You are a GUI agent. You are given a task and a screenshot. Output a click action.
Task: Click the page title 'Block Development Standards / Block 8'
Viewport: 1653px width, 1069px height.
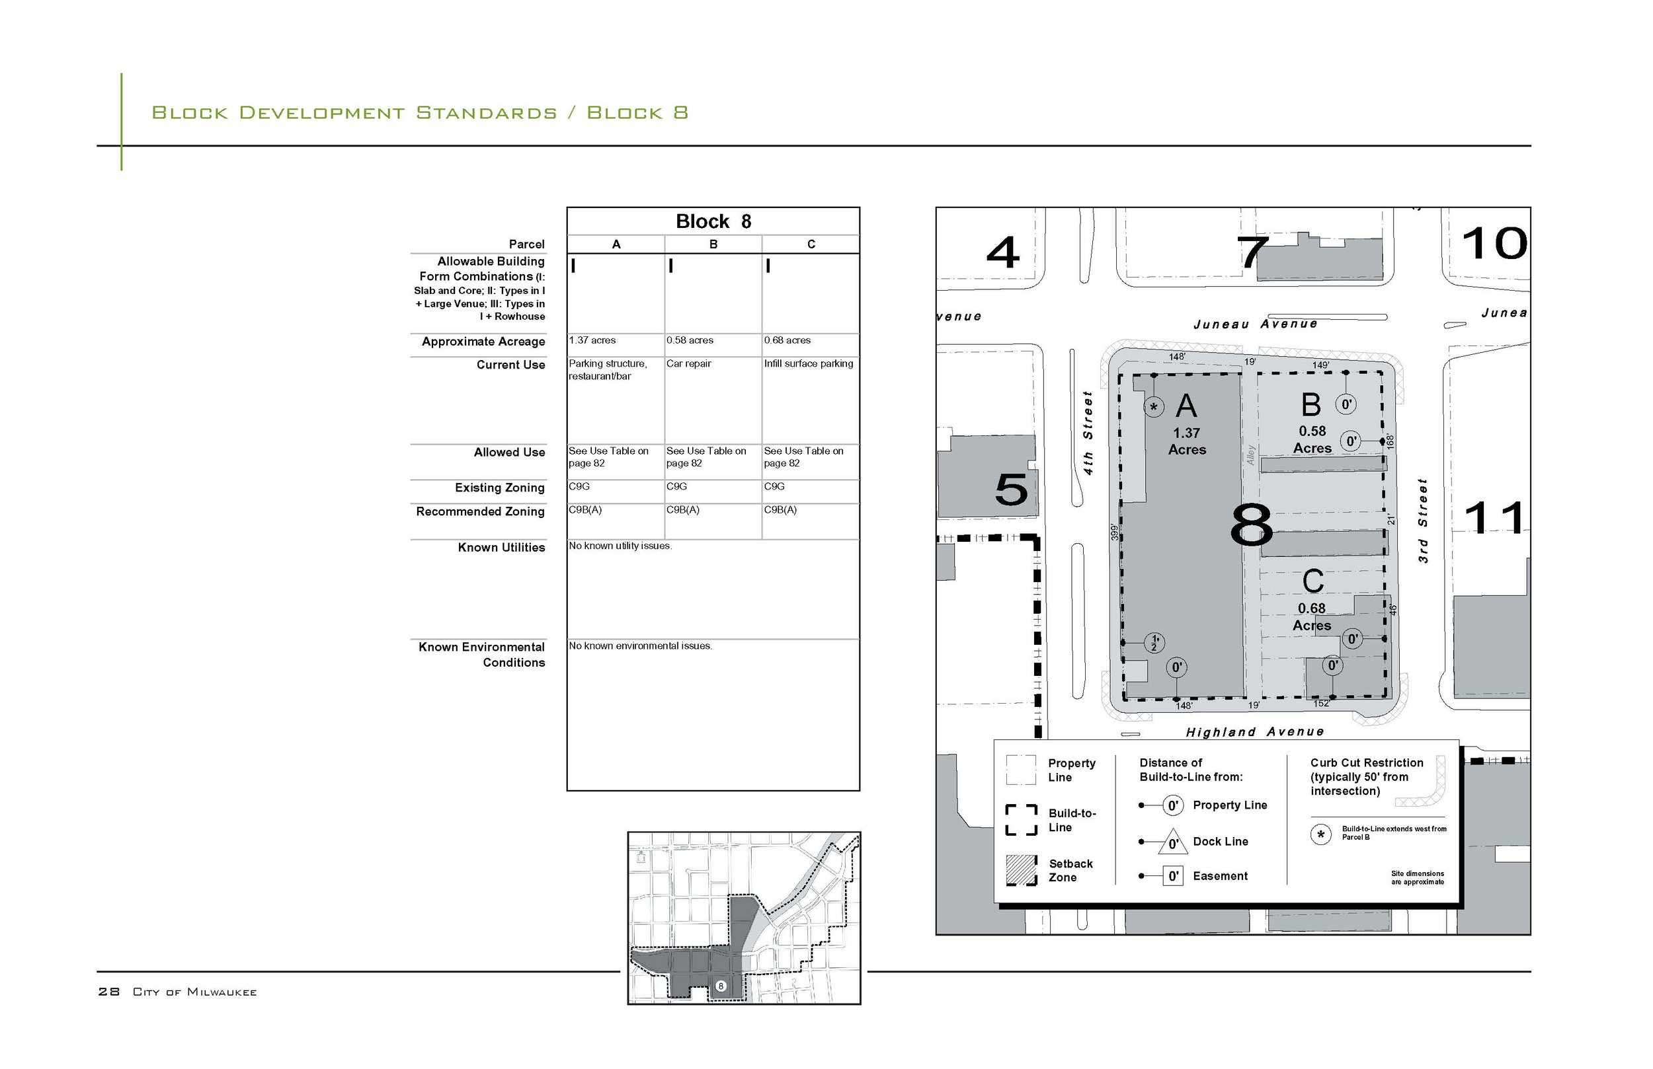pyautogui.click(x=419, y=112)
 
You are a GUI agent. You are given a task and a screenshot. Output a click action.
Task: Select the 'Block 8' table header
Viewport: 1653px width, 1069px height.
pyautogui.click(x=713, y=221)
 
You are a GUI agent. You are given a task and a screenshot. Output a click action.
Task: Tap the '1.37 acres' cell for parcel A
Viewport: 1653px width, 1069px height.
pyautogui.click(x=592, y=340)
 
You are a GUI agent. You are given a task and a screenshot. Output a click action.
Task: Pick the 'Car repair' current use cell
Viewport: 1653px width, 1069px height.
pyautogui.click(x=688, y=364)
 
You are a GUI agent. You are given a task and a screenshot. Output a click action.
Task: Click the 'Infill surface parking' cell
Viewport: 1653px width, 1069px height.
pyautogui.click(x=809, y=364)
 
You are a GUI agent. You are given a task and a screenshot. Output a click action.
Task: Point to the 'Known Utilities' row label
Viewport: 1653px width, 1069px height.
pyautogui.click(x=501, y=548)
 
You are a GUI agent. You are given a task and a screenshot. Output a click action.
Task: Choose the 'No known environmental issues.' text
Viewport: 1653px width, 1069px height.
pyautogui.click(x=640, y=646)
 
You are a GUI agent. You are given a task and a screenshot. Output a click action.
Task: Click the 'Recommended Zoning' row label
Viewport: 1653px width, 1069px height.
pyautogui.click(x=480, y=511)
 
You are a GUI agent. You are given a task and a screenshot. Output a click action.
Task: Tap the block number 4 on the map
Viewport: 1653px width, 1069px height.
pyautogui.click(x=1002, y=252)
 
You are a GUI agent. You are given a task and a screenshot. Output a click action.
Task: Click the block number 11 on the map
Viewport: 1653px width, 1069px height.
pyautogui.click(x=1494, y=519)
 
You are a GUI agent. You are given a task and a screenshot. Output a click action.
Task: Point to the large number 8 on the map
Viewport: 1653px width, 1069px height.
pyautogui.click(x=1251, y=525)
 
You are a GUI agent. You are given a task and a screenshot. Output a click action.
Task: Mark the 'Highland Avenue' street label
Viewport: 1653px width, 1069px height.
pyautogui.click(x=1254, y=732)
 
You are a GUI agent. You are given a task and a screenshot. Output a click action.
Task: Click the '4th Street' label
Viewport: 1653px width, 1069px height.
pyautogui.click(x=1088, y=433)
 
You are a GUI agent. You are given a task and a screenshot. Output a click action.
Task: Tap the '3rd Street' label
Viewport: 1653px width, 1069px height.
pyautogui.click(x=1423, y=521)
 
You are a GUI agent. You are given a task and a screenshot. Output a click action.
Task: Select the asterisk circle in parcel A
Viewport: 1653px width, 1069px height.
pyautogui.click(x=1154, y=407)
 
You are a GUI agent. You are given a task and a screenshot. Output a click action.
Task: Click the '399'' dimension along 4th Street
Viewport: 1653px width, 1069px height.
pyautogui.click(x=1115, y=533)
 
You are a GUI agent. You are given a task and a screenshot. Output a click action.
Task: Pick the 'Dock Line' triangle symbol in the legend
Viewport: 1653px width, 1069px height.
pyautogui.click(x=1172, y=842)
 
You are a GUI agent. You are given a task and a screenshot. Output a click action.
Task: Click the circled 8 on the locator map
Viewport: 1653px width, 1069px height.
pyautogui.click(x=720, y=986)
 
